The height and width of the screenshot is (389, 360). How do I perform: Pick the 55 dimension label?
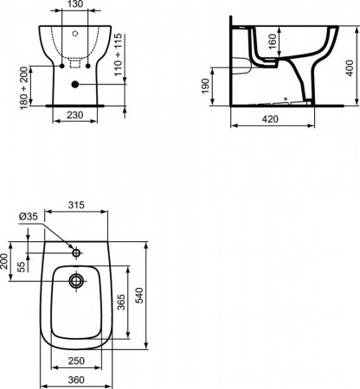(x=20, y=268)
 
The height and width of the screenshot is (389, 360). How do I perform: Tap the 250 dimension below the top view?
(x=75, y=360)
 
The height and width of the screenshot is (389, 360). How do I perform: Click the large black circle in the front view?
(x=76, y=84)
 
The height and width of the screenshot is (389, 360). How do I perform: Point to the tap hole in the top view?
(x=76, y=253)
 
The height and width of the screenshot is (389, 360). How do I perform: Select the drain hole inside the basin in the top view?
(x=76, y=282)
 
